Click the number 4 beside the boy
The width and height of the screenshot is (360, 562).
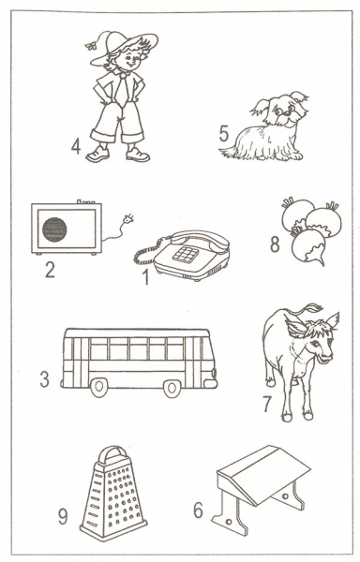coord(76,146)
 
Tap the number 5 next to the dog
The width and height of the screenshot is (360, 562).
coord(224,134)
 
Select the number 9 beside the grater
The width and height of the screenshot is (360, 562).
coord(63,516)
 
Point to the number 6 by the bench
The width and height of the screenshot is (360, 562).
coord(199,510)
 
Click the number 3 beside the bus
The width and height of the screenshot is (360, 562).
coord(44,379)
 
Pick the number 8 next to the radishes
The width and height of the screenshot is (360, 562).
coord(275,244)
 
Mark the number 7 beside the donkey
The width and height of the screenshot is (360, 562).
coord(267,405)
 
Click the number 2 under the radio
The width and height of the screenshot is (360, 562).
coord(50,270)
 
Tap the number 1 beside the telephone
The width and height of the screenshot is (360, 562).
coord(145,276)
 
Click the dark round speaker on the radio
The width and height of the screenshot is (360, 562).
coord(54,229)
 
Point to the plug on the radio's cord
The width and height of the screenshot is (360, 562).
coord(127,218)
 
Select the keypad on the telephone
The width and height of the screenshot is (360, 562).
coord(186,254)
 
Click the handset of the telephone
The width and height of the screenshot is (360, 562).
coord(200,241)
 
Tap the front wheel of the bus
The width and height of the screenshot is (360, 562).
coord(172,388)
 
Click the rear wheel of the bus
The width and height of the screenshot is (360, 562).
coord(99,387)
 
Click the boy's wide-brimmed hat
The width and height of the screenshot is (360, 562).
coord(122,46)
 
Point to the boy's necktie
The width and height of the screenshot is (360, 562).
coord(122,88)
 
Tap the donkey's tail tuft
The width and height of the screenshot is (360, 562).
coord(310,309)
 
